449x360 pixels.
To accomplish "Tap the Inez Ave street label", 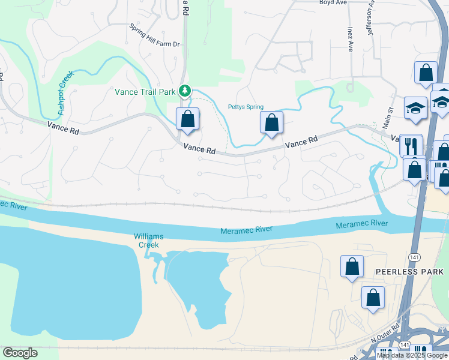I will (x=349, y=38).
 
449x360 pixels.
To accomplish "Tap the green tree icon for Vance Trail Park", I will (x=186, y=91).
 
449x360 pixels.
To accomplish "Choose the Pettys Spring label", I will (x=246, y=107).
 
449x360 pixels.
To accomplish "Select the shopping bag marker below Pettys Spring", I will (x=271, y=122).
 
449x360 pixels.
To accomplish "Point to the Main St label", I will (x=388, y=118).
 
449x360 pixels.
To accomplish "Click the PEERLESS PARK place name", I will (x=409, y=271).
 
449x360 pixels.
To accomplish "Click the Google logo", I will (x=20, y=353).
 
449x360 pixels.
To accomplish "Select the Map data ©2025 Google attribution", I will (x=412, y=355).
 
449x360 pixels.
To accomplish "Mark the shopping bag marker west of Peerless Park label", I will (x=352, y=266).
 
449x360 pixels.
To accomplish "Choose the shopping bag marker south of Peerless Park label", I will (x=373, y=297).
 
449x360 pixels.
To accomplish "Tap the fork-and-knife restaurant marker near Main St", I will (x=411, y=145).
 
